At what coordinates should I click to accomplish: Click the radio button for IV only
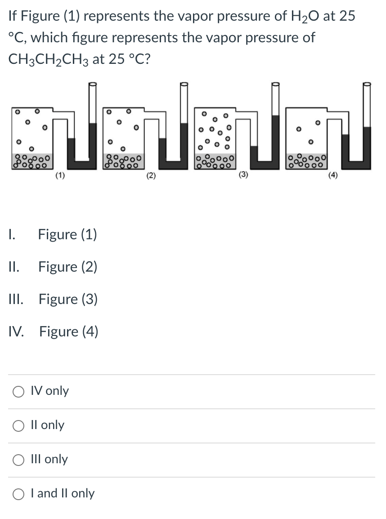(x=19, y=391)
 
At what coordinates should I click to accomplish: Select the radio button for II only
(x=19, y=425)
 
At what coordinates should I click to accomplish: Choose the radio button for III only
(x=19, y=460)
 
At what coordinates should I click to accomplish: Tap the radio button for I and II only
(x=19, y=494)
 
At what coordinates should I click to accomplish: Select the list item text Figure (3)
(x=68, y=299)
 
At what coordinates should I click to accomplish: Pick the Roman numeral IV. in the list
(x=19, y=332)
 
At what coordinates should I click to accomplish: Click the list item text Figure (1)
(x=67, y=234)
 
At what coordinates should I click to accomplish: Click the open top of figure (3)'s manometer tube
(x=275, y=84)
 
